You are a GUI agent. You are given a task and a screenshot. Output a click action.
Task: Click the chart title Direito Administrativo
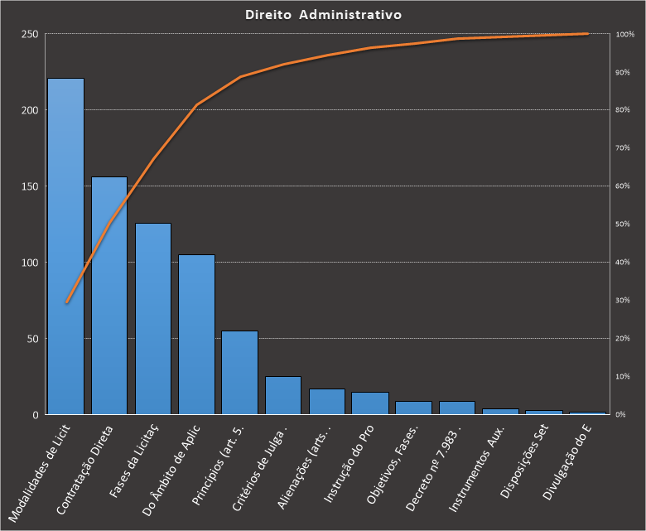pos(324,15)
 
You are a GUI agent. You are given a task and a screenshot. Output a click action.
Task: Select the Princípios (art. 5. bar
pos(240,372)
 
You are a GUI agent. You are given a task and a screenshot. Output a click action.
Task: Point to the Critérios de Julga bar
pos(283,395)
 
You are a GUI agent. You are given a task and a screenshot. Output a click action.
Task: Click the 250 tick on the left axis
pos(30,34)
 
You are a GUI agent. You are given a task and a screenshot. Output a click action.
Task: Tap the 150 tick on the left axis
pos(30,186)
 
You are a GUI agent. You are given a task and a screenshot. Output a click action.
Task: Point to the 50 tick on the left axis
pos(32,339)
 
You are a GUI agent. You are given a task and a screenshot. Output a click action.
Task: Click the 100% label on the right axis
pos(625,34)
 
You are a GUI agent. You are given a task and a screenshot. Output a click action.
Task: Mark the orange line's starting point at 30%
pos(66,302)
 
